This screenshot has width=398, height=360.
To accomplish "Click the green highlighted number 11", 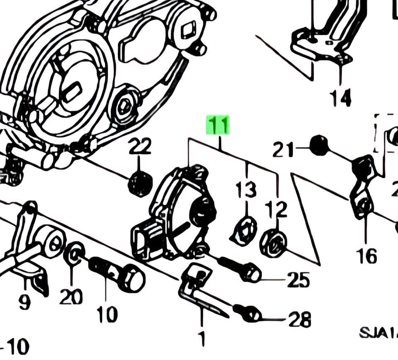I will tap(218, 125).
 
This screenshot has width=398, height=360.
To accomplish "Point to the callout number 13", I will tap(246, 190).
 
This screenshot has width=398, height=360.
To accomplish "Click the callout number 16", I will tap(366, 255).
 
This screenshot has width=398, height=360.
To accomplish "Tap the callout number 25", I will tap(298, 280).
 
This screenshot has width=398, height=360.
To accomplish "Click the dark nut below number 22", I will tap(140, 184).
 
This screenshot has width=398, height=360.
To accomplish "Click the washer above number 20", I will tap(74, 252).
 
